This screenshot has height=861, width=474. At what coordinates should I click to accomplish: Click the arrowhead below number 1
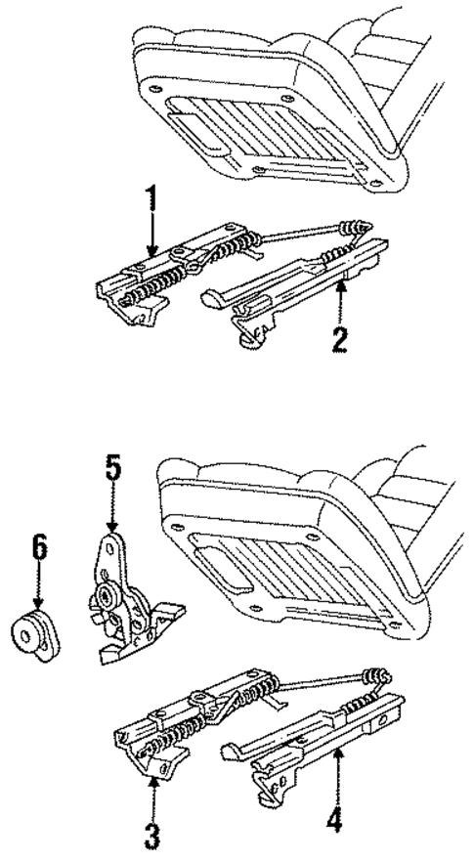coord(150,251)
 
